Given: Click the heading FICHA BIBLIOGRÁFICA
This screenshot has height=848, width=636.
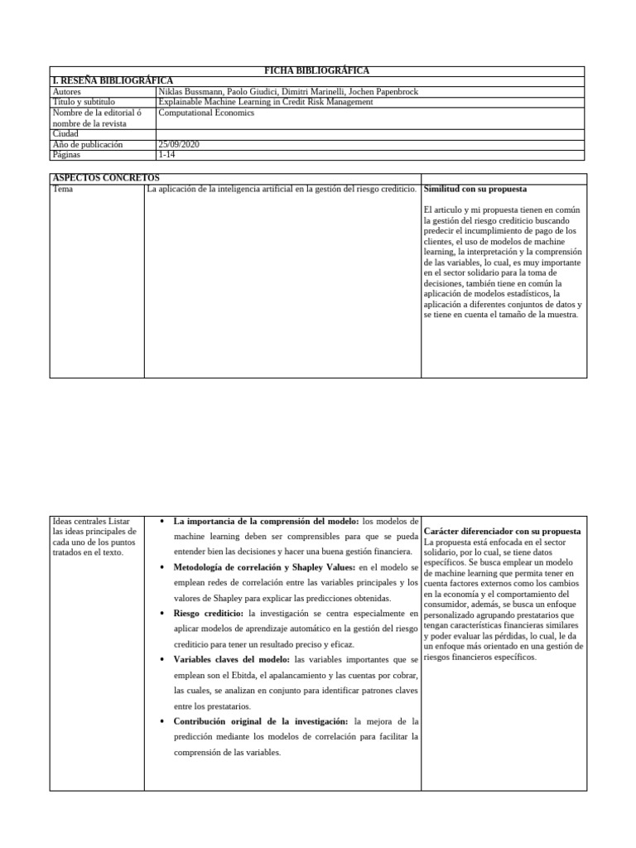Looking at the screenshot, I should (x=317, y=71).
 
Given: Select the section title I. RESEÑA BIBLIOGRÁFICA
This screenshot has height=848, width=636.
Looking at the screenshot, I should (x=113, y=81).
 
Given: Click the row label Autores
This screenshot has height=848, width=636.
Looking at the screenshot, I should (x=68, y=92).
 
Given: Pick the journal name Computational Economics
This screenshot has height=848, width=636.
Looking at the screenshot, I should (x=207, y=113).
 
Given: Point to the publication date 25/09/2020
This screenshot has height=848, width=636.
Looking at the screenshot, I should (x=178, y=144).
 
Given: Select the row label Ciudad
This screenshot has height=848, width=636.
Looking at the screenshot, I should (x=65, y=133).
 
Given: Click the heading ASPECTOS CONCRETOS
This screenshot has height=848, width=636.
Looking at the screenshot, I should (x=106, y=178).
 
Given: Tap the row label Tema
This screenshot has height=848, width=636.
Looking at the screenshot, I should (x=63, y=189).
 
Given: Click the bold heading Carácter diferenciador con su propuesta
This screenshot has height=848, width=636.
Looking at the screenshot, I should (x=501, y=530).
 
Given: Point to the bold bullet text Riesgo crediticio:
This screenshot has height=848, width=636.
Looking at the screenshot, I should (x=208, y=614).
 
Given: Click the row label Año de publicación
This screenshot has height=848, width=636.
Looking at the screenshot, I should (x=87, y=144).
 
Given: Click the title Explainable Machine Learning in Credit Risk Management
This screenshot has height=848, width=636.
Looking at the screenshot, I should (x=265, y=102).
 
